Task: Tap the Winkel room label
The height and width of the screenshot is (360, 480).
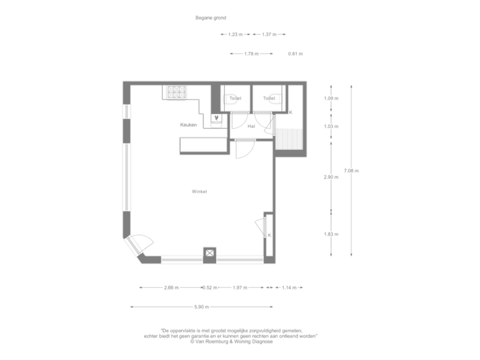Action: (x=199, y=191)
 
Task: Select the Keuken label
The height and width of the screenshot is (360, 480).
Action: (x=189, y=125)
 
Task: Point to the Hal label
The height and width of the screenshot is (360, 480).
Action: (x=251, y=125)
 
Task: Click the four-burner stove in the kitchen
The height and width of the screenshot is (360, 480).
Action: (x=177, y=92)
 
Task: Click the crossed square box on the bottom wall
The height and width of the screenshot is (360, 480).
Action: (x=210, y=253)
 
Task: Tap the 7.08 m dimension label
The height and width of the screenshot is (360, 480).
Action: (x=351, y=171)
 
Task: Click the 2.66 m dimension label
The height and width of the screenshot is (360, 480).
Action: (x=171, y=288)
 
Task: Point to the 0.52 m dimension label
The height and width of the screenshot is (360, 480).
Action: (x=210, y=288)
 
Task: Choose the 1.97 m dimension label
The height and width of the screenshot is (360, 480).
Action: (x=240, y=288)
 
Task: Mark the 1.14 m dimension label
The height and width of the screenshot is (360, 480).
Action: (x=288, y=288)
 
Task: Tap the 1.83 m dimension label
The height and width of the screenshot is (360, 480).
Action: (x=331, y=234)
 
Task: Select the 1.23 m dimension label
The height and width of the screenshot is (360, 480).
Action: (x=234, y=34)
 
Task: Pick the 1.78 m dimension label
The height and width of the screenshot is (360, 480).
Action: (x=251, y=53)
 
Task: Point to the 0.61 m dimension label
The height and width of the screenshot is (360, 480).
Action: (x=295, y=53)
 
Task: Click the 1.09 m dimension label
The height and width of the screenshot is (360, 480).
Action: (x=331, y=99)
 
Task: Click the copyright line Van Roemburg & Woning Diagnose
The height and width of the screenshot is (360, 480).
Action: (x=239, y=342)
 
